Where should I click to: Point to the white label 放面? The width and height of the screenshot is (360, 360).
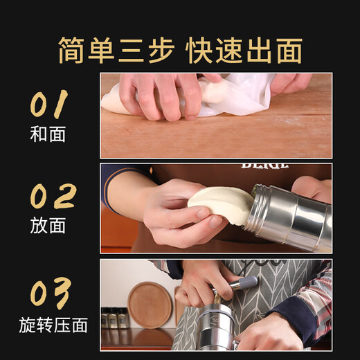(x=48, y=225)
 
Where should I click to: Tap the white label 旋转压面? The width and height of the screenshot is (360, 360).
(x=53, y=325)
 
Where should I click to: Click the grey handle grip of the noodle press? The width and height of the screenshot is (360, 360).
(x=242, y=285)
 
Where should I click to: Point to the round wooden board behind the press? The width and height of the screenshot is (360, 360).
(x=150, y=304)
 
